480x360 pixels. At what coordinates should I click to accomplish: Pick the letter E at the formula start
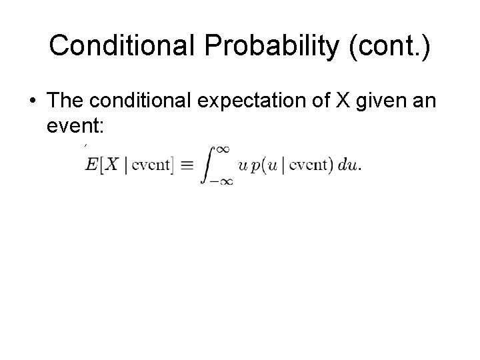point(91,165)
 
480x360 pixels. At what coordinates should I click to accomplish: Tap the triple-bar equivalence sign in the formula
point(187,165)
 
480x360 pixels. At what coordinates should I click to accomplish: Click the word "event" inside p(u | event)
point(307,165)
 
